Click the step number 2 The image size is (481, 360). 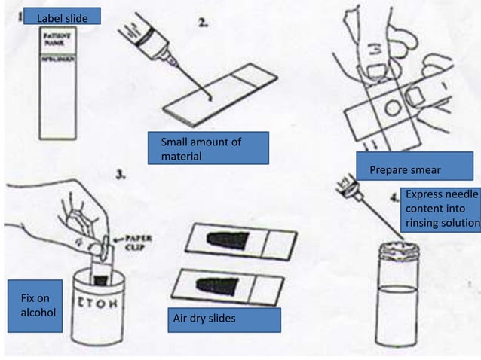coord(203,22)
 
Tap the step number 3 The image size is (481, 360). coord(121,175)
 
